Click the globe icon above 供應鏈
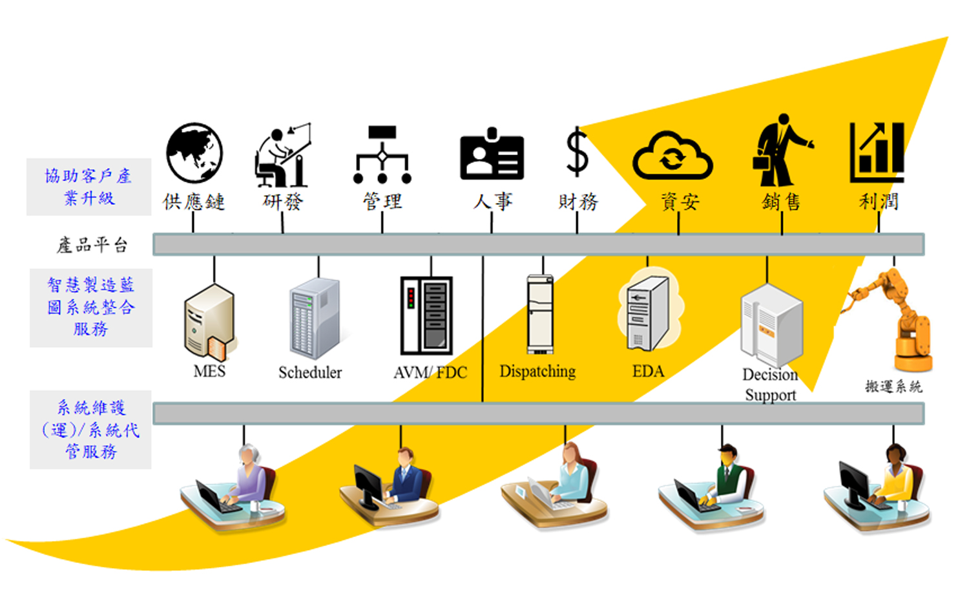[x=194, y=153]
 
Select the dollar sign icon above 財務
[x=577, y=153]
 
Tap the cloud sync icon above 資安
[x=672, y=156]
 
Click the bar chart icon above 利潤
[x=877, y=153]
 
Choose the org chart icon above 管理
[x=382, y=155]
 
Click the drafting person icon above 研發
[x=283, y=156]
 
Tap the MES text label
[x=209, y=372]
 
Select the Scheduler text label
[x=310, y=373]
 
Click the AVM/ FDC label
[x=430, y=373]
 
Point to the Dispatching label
[x=537, y=372]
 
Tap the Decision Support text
[x=770, y=385]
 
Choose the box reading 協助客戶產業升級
[x=89, y=187]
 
